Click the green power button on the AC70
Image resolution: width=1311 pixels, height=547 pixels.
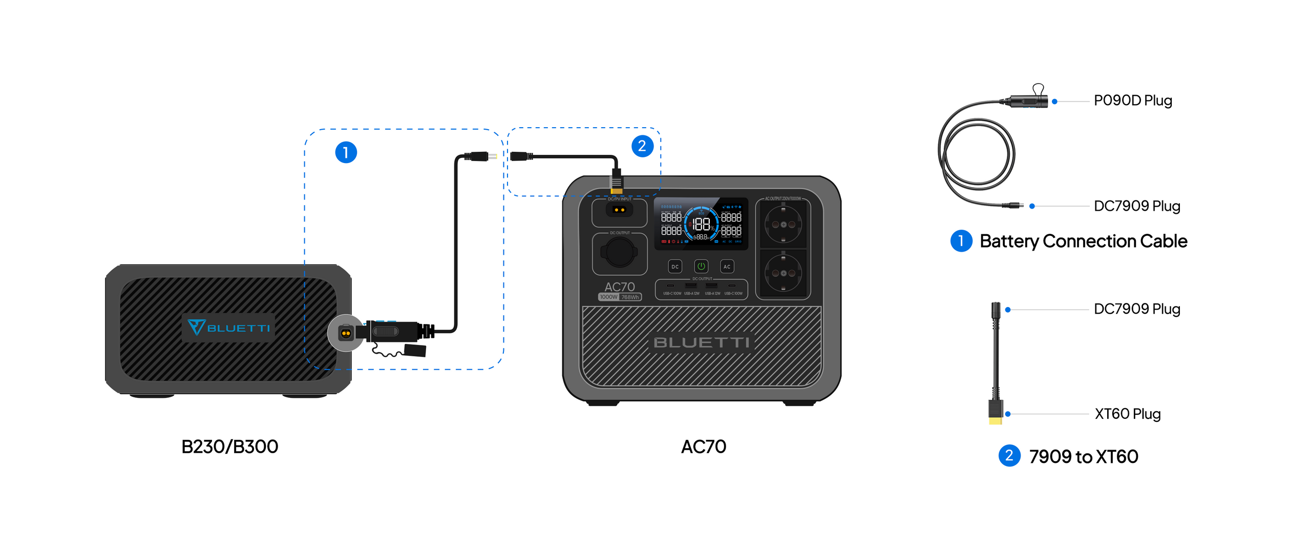point(701,266)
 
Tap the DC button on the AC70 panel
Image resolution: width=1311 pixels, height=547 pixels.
point(675,267)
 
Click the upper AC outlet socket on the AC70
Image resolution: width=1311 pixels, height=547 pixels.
point(783,225)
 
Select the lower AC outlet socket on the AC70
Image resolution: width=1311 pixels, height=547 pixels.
point(783,273)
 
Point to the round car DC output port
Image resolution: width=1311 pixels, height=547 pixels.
point(619,252)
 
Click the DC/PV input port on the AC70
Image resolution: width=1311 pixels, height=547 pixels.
point(619,210)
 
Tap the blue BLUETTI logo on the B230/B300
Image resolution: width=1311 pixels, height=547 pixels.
point(228,327)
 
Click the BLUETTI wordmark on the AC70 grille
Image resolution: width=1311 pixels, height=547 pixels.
point(702,342)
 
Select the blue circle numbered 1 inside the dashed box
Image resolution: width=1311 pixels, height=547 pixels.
point(346,152)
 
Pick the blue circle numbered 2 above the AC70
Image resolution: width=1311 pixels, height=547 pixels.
point(642,146)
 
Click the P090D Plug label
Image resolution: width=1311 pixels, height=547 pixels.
point(1132,100)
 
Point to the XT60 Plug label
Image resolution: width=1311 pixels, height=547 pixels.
point(1127,414)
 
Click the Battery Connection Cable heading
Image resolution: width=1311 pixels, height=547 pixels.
point(1083,241)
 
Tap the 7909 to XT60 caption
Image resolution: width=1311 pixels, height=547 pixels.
point(1083,456)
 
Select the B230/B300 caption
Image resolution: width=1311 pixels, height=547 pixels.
point(229,447)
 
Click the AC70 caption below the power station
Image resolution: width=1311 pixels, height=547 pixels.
point(703,447)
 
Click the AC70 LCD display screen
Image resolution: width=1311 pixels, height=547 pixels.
point(701,224)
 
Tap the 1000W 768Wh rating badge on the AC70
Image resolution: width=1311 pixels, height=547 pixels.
point(620,297)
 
